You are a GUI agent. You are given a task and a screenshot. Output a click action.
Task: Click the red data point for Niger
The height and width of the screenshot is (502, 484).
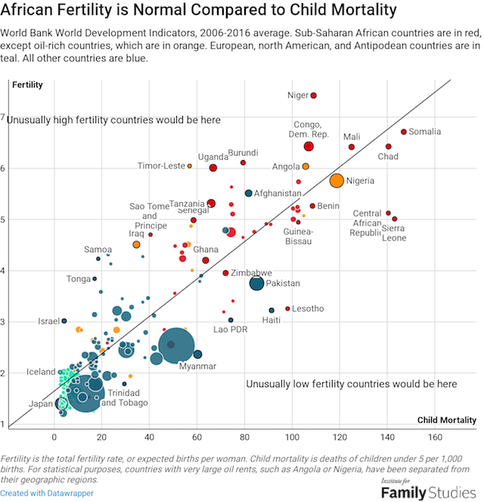coord(313,95)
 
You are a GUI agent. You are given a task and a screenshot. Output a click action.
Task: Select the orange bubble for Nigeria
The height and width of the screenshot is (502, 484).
coord(337,180)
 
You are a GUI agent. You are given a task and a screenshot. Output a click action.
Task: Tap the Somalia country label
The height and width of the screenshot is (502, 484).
coord(424,132)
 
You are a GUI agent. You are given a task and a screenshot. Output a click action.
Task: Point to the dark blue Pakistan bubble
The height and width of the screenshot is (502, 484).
coord(257,283)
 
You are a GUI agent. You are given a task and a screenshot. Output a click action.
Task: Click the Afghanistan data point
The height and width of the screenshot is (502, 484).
coord(248,193)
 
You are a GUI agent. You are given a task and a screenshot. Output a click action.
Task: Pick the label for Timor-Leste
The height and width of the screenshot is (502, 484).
coord(161,166)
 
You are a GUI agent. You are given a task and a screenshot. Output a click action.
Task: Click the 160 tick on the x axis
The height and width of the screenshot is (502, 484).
coord(435,437)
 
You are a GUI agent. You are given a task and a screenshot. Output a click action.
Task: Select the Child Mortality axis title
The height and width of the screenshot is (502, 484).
coord(447,420)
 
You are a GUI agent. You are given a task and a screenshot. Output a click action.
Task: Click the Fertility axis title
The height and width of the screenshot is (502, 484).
coord(26,85)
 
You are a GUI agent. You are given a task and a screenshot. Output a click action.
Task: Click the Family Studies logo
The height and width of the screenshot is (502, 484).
coord(428,491)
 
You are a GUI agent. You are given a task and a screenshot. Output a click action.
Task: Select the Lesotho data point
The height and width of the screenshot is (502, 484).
coord(287,309)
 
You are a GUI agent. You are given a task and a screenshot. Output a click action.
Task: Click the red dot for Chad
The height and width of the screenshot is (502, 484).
coord(389,146)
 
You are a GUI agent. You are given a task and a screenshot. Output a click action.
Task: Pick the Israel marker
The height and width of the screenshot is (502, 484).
coord(64,321)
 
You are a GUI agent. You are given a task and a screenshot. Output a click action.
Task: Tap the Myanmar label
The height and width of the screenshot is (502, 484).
coord(197,366)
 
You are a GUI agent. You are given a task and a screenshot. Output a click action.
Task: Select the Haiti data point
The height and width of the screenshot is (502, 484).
coord(271,310)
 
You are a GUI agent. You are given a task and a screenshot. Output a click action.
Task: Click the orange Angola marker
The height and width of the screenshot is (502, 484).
coord(306,166)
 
